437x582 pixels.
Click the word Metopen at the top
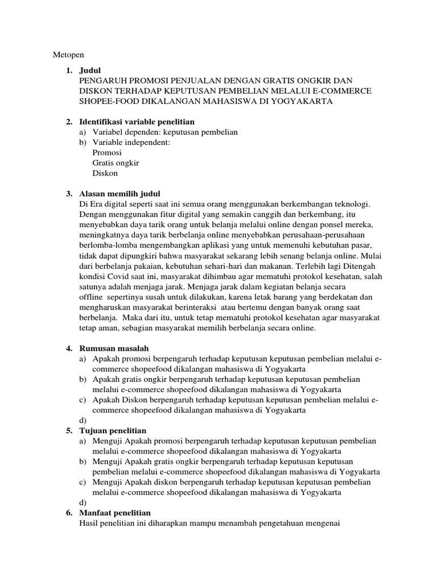pyautogui.click(x=68, y=55)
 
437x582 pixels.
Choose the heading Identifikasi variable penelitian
pyautogui.click(x=138, y=122)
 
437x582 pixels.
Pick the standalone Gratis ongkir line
pyautogui.click(x=116, y=163)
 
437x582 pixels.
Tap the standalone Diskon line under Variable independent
pyautogui.click(x=105, y=173)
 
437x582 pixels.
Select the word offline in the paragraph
pyautogui.click(x=94, y=296)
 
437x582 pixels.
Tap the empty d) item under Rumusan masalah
pyautogui.click(x=83, y=420)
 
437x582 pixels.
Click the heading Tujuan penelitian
pyautogui.click(x=114, y=430)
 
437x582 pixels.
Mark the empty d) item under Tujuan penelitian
pyautogui.click(x=83, y=502)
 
